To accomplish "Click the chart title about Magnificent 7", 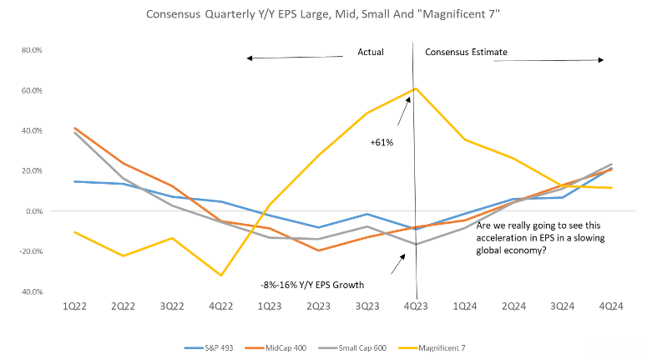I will click(x=323, y=14).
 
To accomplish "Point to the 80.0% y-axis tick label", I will click(x=31, y=50).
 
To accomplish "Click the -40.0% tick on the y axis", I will click(x=31, y=292).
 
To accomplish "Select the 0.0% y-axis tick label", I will click(x=33, y=211).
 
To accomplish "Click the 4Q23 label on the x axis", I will click(x=415, y=307).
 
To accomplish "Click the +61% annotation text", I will click(x=382, y=143).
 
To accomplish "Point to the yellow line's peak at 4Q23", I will click(x=415, y=89).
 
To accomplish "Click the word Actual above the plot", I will click(x=371, y=52).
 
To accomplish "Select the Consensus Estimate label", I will click(x=466, y=52).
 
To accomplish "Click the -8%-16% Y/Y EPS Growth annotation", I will click(x=312, y=285).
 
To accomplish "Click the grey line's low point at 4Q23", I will click(x=415, y=245).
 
